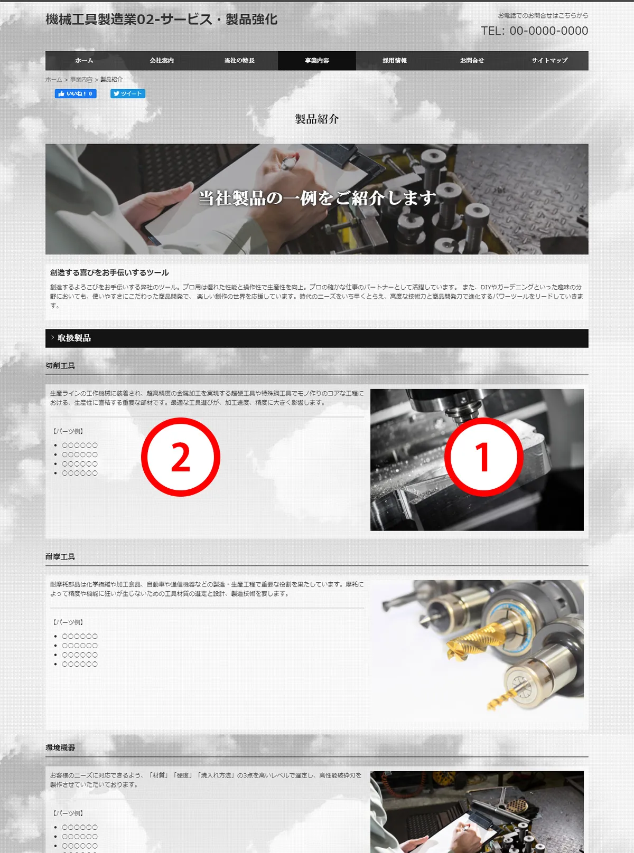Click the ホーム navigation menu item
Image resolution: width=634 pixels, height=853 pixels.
84,60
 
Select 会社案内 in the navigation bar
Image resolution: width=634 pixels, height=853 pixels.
162,60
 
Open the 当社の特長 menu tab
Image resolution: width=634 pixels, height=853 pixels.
239,60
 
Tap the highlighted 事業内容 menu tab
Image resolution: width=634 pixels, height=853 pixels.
317,60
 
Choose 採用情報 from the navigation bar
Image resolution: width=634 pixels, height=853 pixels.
395,60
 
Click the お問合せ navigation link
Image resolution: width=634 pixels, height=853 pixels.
472,60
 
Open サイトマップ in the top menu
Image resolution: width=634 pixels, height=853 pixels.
549,60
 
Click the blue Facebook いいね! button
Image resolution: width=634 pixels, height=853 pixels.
76,93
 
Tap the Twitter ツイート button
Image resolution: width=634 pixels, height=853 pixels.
128,93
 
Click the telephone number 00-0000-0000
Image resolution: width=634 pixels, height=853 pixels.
549,31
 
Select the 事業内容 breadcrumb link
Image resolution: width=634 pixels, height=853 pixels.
81,80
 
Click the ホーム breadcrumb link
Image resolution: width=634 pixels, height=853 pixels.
54,80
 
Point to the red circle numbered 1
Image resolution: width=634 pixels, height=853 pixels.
483,457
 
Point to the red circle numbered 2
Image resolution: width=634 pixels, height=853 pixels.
181,457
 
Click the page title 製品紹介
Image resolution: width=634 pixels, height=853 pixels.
317,119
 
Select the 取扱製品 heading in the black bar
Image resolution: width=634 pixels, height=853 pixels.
74,338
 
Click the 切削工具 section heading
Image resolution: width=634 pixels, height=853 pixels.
60,365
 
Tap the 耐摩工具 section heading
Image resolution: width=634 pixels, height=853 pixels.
60,556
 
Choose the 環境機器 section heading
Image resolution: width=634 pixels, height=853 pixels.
60,747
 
